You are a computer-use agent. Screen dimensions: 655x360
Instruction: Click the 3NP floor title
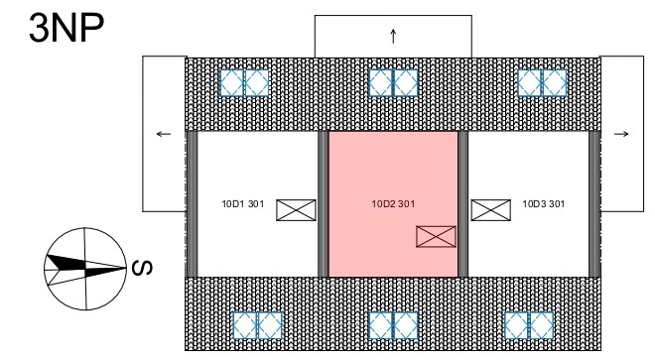pos(66,28)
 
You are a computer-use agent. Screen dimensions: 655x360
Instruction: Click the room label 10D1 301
pos(243,204)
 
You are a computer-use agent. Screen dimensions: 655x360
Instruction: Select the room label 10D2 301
pos(393,204)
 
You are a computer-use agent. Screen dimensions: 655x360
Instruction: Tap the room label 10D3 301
pos(544,204)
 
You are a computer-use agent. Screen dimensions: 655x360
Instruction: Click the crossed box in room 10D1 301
pos(296,210)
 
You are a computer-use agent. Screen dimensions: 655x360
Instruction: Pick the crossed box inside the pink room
pos(436,237)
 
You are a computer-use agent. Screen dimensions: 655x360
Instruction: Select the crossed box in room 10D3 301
pos(491,210)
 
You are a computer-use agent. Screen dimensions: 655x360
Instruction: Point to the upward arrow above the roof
pos(393,36)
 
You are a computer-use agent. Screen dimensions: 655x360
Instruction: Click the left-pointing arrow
pos(164,134)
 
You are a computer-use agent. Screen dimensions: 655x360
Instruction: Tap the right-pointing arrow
pos(621,134)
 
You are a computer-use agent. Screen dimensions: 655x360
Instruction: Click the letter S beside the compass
pos(142,268)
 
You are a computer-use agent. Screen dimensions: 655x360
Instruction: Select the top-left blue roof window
pos(244,82)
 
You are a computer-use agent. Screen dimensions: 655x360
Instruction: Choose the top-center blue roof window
pos(393,82)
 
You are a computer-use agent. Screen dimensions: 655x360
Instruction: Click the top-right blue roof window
pos(542,82)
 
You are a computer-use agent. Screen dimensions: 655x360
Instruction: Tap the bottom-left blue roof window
pos(257,325)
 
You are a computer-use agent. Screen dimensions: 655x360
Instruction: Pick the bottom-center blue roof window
pos(393,325)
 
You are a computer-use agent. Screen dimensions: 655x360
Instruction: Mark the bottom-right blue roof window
pos(529,325)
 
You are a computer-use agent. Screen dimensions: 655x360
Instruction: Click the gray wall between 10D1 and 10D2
pos(323,204)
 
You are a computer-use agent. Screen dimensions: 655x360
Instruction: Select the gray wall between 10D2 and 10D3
pos(462,204)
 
